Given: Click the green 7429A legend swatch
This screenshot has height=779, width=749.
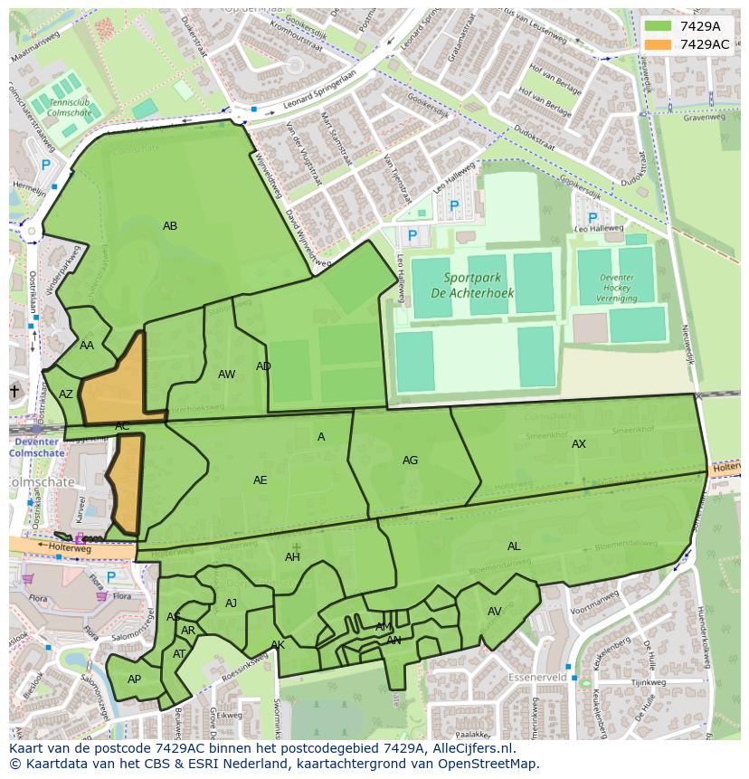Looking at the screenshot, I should click(x=659, y=26).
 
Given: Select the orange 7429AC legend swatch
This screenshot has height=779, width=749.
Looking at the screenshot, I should click(x=659, y=44).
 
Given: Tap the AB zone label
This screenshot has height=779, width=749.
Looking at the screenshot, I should click(x=170, y=226).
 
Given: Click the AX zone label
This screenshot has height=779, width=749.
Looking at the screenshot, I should click(x=579, y=444).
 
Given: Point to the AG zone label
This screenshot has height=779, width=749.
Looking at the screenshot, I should click(x=410, y=461).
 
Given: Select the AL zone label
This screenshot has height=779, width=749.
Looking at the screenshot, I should click(x=514, y=546).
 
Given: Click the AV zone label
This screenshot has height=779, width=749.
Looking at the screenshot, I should click(x=494, y=613).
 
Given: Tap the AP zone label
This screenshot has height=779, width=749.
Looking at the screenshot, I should click(x=134, y=679).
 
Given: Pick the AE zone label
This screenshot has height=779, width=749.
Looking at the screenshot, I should click(x=260, y=480).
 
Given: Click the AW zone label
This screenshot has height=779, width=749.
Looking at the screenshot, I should click(x=226, y=375).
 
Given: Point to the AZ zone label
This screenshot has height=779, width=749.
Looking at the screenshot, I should click(x=66, y=394).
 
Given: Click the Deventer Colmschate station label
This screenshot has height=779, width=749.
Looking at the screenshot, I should click(x=37, y=447).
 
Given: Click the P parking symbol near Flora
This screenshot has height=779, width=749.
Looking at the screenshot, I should click(x=111, y=576).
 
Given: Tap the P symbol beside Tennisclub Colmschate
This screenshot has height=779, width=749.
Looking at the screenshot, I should click(x=45, y=166).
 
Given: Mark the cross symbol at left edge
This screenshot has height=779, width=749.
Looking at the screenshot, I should click(x=14, y=391).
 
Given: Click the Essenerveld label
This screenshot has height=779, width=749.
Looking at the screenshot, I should click(x=537, y=677).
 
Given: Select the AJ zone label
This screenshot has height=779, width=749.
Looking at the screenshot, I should click(x=231, y=603).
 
